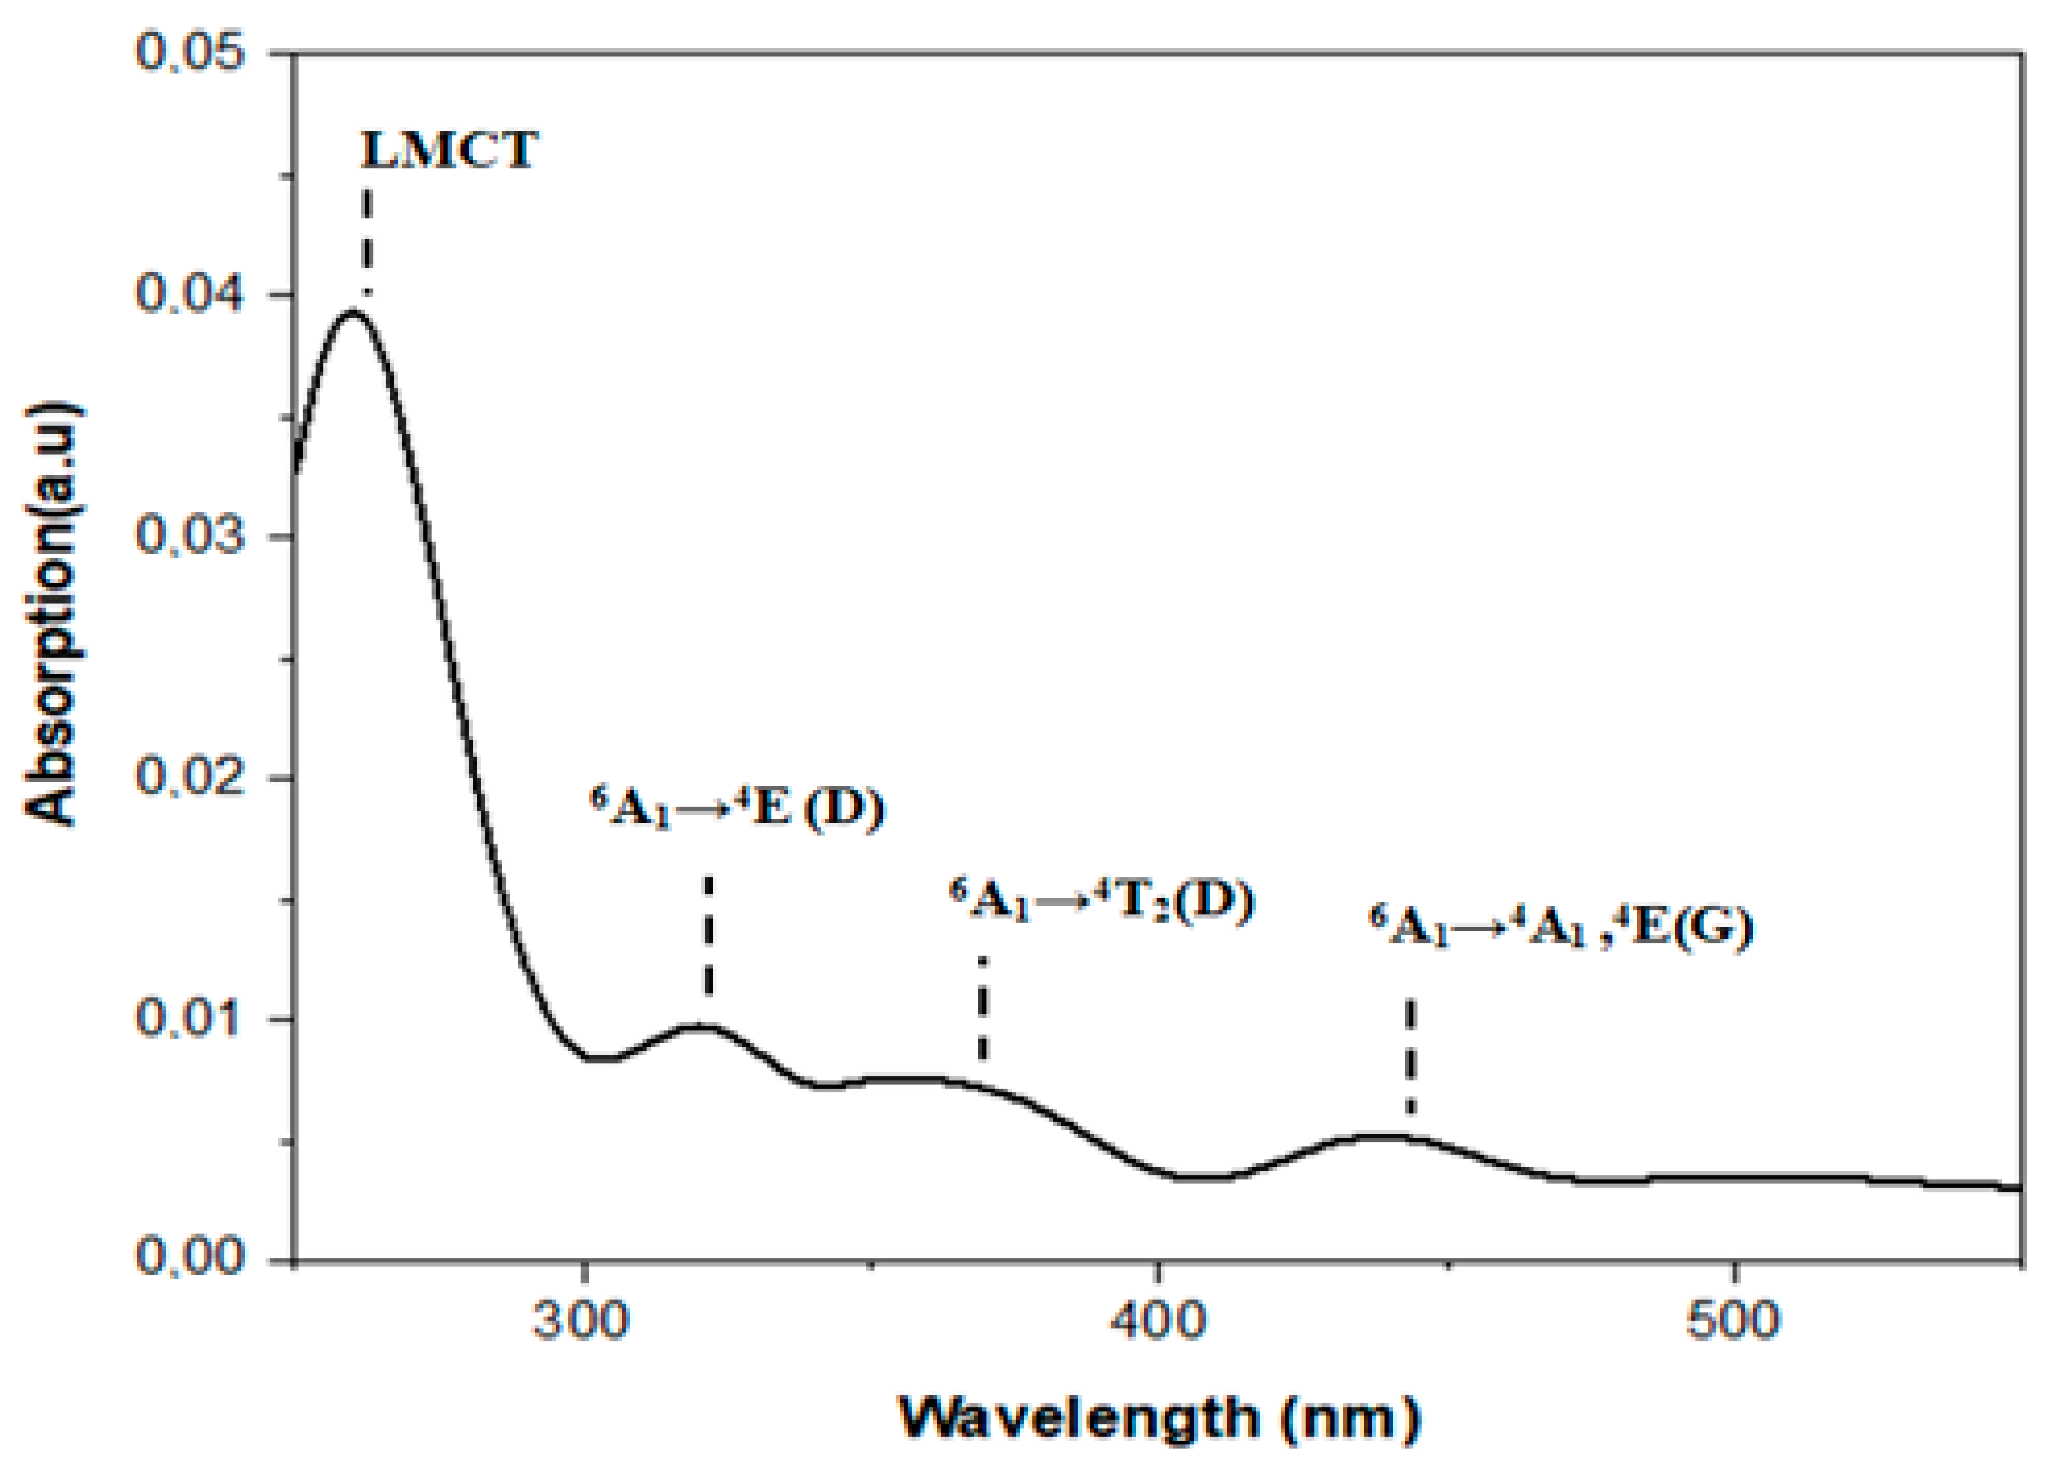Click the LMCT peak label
pos(450,150)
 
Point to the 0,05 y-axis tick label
pos(190,52)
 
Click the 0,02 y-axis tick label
pos(190,778)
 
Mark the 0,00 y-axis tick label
pos(190,1259)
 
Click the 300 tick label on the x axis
pos(581,1323)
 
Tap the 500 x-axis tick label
pos(1734,1323)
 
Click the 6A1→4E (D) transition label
pos(737,807)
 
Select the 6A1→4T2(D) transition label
pos(1102,902)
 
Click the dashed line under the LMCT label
pos(367,241)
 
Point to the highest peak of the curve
pos(354,311)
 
